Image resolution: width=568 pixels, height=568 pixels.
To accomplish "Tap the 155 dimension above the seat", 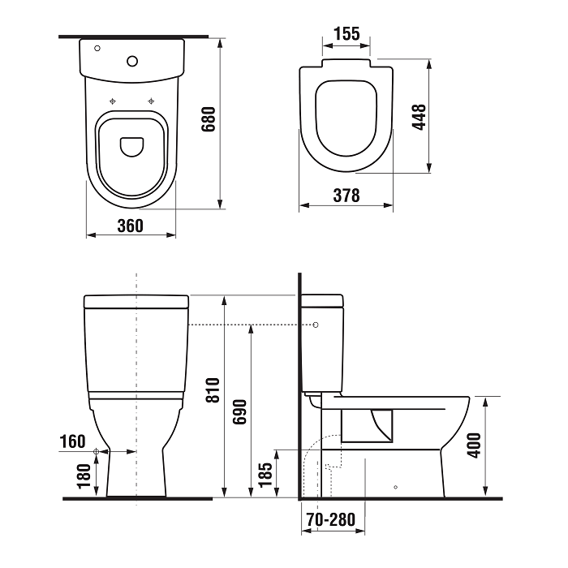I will pos(346,33).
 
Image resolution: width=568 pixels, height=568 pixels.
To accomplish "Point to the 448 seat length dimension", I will pos(419,118).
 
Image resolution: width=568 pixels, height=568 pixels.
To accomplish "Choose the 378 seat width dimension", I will pos(346,196).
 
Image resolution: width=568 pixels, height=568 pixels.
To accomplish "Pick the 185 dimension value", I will pos(265,474).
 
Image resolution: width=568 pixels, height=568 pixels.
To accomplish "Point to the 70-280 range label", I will pos(331,518).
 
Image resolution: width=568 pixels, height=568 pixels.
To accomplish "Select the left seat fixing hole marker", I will pos(113,101).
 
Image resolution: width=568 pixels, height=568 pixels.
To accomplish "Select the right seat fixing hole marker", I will pos(150,101).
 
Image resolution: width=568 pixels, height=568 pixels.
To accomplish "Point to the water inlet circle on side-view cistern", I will pos(316,325).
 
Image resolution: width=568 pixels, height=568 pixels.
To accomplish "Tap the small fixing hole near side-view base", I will pos(395,487).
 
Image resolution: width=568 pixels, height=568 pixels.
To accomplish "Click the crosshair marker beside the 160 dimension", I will pos(97,450).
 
